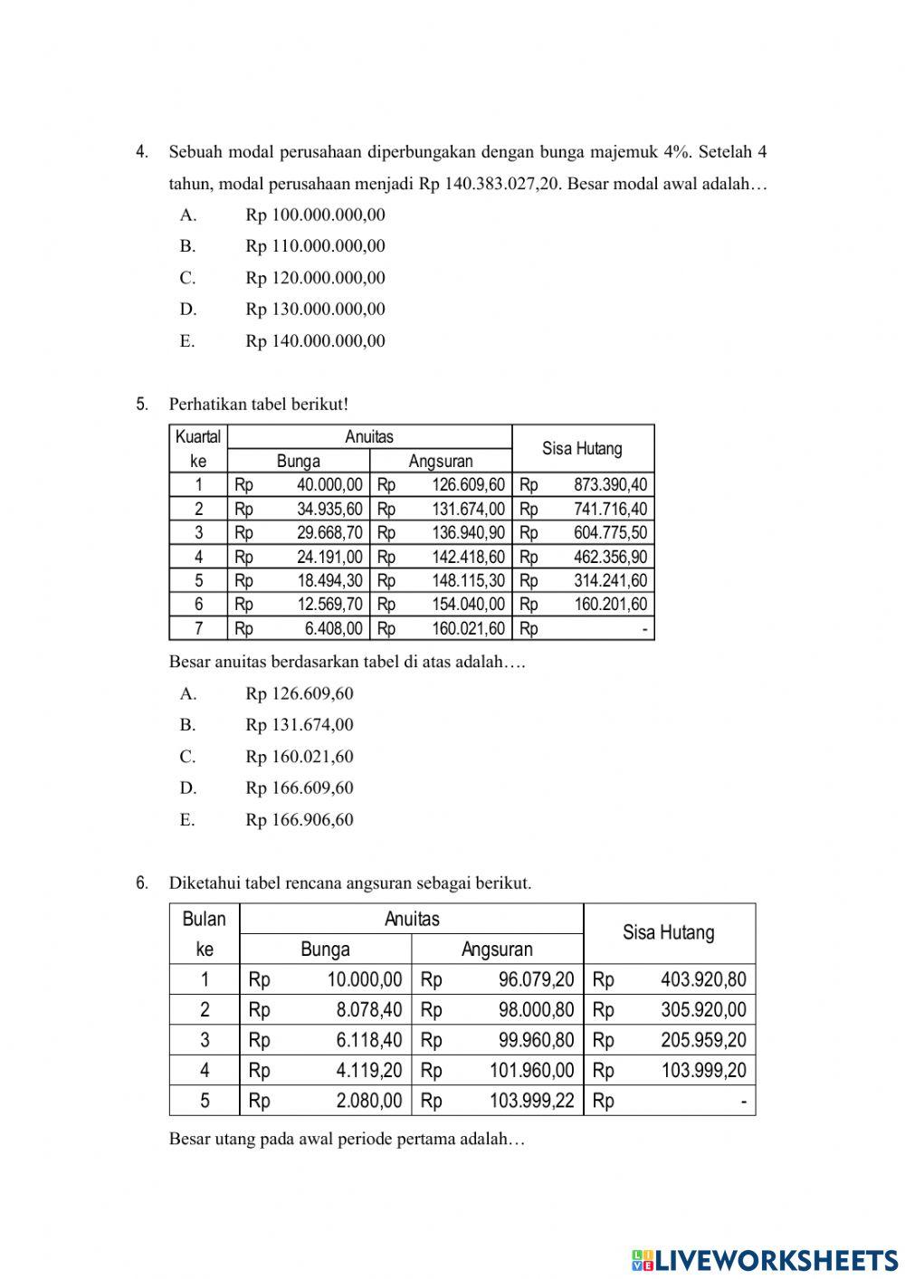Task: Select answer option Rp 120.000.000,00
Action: click(x=315, y=278)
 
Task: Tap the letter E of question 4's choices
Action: click(x=187, y=341)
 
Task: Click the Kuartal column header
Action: click(x=198, y=437)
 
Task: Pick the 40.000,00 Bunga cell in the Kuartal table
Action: click(x=329, y=485)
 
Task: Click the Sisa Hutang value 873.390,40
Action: click(x=610, y=485)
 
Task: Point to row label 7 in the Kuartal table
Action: click(x=198, y=628)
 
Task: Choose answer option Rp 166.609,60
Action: click(x=299, y=788)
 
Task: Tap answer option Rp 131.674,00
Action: click(x=299, y=725)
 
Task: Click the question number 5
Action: click(x=141, y=405)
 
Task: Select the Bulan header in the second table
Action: click(x=204, y=920)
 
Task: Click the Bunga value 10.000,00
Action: click(x=365, y=979)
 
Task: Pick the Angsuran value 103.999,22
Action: click(x=531, y=1101)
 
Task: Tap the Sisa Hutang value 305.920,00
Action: click(x=703, y=1010)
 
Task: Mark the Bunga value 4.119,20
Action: click(x=368, y=1071)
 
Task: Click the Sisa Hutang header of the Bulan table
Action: click(x=668, y=933)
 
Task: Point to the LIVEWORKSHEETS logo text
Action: click(x=776, y=1259)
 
